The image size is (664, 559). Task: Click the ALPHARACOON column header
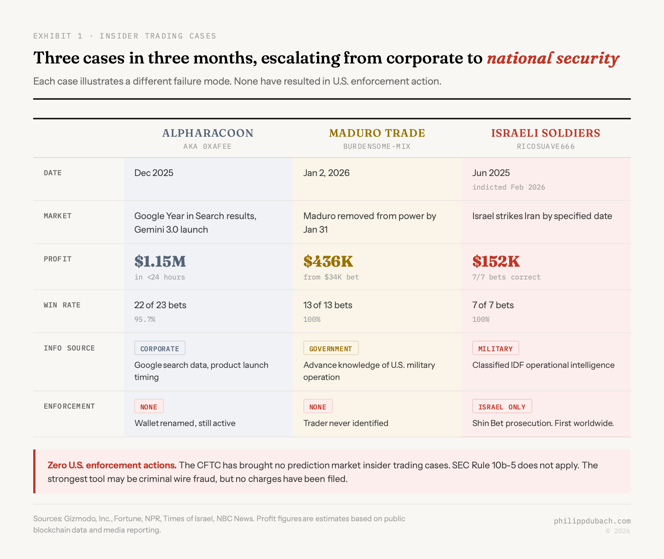(x=208, y=133)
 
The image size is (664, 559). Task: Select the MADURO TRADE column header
(x=377, y=133)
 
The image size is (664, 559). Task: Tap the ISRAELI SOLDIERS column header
(x=546, y=133)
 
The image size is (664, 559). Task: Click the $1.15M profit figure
(x=160, y=261)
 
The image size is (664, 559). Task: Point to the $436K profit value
(x=328, y=261)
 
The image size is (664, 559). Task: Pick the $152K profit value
(x=496, y=261)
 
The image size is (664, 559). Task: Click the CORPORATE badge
(x=160, y=348)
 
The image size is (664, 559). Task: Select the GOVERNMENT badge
(x=330, y=348)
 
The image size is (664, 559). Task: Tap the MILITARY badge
(x=495, y=348)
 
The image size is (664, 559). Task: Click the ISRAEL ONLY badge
(x=502, y=406)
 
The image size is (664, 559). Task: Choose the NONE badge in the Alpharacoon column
(x=149, y=406)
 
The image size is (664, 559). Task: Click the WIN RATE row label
(x=62, y=305)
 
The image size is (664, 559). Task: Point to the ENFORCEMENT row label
(x=69, y=406)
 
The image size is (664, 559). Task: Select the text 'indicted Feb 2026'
(x=509, y=187)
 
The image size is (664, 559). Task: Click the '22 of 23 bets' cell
(x=160, y=305)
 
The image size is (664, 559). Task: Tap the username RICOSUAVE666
(x=546, y=146)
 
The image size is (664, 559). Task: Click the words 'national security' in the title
(x=553, y=58)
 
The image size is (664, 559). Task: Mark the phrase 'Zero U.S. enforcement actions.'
(x=112, y=465)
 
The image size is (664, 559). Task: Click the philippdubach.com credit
(x=592, y=521)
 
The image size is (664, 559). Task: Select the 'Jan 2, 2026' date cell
(x=326, y=173)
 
